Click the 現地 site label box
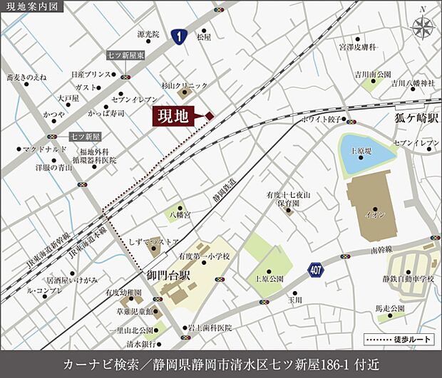tap(173, 116)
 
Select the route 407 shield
tap(317, 270)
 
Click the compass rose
tap(423, 27)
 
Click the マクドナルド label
tap(43, 149)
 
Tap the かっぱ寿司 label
tap(106, 112)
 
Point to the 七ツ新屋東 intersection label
tap(126, 55)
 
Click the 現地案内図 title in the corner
tap(32, 7)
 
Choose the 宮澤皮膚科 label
tap(357, 47)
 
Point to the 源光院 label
tap(148, 33)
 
